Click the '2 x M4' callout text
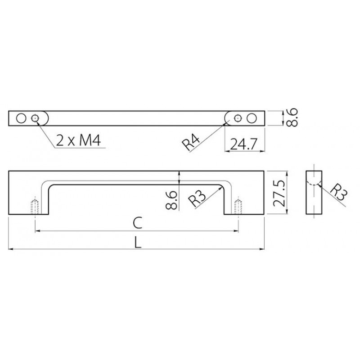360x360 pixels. pos(78,140)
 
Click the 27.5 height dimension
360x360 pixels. pos(279,193)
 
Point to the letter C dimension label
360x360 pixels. pos(138,223)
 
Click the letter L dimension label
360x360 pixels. pos(137,243)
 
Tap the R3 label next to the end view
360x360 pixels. pos(339,192)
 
